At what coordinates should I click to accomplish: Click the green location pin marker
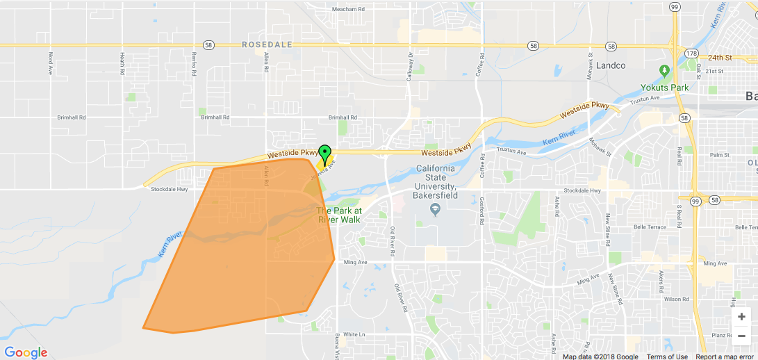coord(324,154)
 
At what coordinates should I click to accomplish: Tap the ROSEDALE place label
coord(267,44)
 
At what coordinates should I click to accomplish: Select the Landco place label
coord(611,66)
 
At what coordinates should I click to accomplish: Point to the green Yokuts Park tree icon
coord(664,71)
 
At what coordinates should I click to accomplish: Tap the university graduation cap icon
coord(435,208)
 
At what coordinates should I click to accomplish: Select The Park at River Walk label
coord(339,215)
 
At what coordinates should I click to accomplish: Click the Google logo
coord(26,352)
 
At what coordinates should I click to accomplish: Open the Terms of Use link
coord(667,357)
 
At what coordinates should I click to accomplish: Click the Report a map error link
coord(725,357)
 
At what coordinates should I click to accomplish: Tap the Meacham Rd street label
coord(348,9)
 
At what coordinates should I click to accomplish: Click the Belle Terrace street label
coord(650,227)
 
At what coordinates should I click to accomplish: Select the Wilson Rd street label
coord(675,299)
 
